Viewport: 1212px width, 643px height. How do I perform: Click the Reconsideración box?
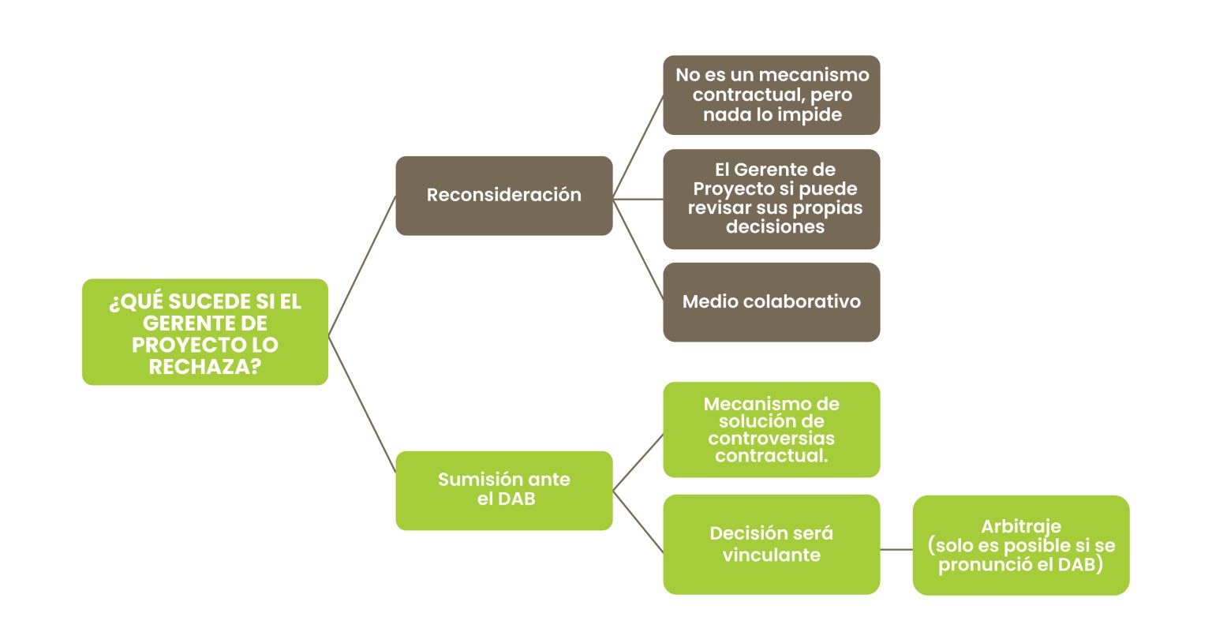(503, 196)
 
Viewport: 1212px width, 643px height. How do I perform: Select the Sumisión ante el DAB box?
(503, 490)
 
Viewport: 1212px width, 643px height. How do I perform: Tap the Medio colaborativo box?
(771, 302)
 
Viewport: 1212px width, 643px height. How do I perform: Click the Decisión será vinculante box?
(771, 544)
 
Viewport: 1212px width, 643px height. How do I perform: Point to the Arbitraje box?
(1020, 545)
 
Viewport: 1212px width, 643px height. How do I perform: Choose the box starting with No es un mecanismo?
(771, 95)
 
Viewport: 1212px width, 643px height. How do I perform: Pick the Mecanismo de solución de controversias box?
(771, 430)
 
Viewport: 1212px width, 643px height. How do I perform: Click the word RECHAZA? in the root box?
(204, 367)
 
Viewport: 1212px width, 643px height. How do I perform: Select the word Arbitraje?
(1020, 526)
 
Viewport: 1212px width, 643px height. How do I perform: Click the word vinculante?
(771, 555)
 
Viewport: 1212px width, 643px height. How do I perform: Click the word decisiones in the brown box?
(775, 227)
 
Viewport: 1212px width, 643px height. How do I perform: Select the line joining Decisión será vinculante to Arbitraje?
(896, 549)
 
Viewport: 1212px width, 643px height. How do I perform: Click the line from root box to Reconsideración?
(361, 266)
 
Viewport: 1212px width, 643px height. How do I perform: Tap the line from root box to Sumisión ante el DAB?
(361, 404)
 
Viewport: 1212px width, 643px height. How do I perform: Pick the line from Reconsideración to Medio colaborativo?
(638, 249)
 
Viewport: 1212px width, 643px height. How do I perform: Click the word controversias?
(771, 439)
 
